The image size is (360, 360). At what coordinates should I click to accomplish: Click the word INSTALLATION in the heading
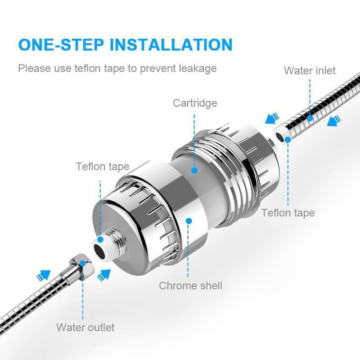click(x=171, y=45)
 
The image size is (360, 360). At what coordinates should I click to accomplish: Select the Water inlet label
click(x=310, y=71)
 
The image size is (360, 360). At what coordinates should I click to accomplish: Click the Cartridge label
click(x=195, y=103)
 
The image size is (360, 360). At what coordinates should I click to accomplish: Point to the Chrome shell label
click(x=190, y=286)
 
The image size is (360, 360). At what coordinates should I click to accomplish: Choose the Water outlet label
click(x=85, y=328)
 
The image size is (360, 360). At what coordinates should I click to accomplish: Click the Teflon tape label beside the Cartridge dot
click(x=103, y=166)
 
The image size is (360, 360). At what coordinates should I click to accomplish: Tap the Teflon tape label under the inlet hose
click(x=288, y=213)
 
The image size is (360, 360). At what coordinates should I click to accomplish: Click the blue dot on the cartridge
click(x=194, y=171)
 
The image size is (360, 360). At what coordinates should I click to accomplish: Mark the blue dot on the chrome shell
click(x=189, y=221)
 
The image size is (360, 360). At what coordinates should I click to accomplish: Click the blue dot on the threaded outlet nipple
click(x=100, y=239)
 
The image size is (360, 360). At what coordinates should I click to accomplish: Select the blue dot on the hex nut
click(x=82, y=263)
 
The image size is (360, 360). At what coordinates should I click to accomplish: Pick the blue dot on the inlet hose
click(x=310, y=118)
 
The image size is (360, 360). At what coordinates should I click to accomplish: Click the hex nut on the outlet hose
click(x=82, y=265)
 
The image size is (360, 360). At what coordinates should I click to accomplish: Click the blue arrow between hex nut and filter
click(x=104, y=274)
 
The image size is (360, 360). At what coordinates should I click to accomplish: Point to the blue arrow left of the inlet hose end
click(x=272, y=118)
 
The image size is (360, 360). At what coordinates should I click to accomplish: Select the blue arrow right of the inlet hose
click(x=334, y=121)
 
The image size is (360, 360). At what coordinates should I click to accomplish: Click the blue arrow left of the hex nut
click(x=43, y=275)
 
